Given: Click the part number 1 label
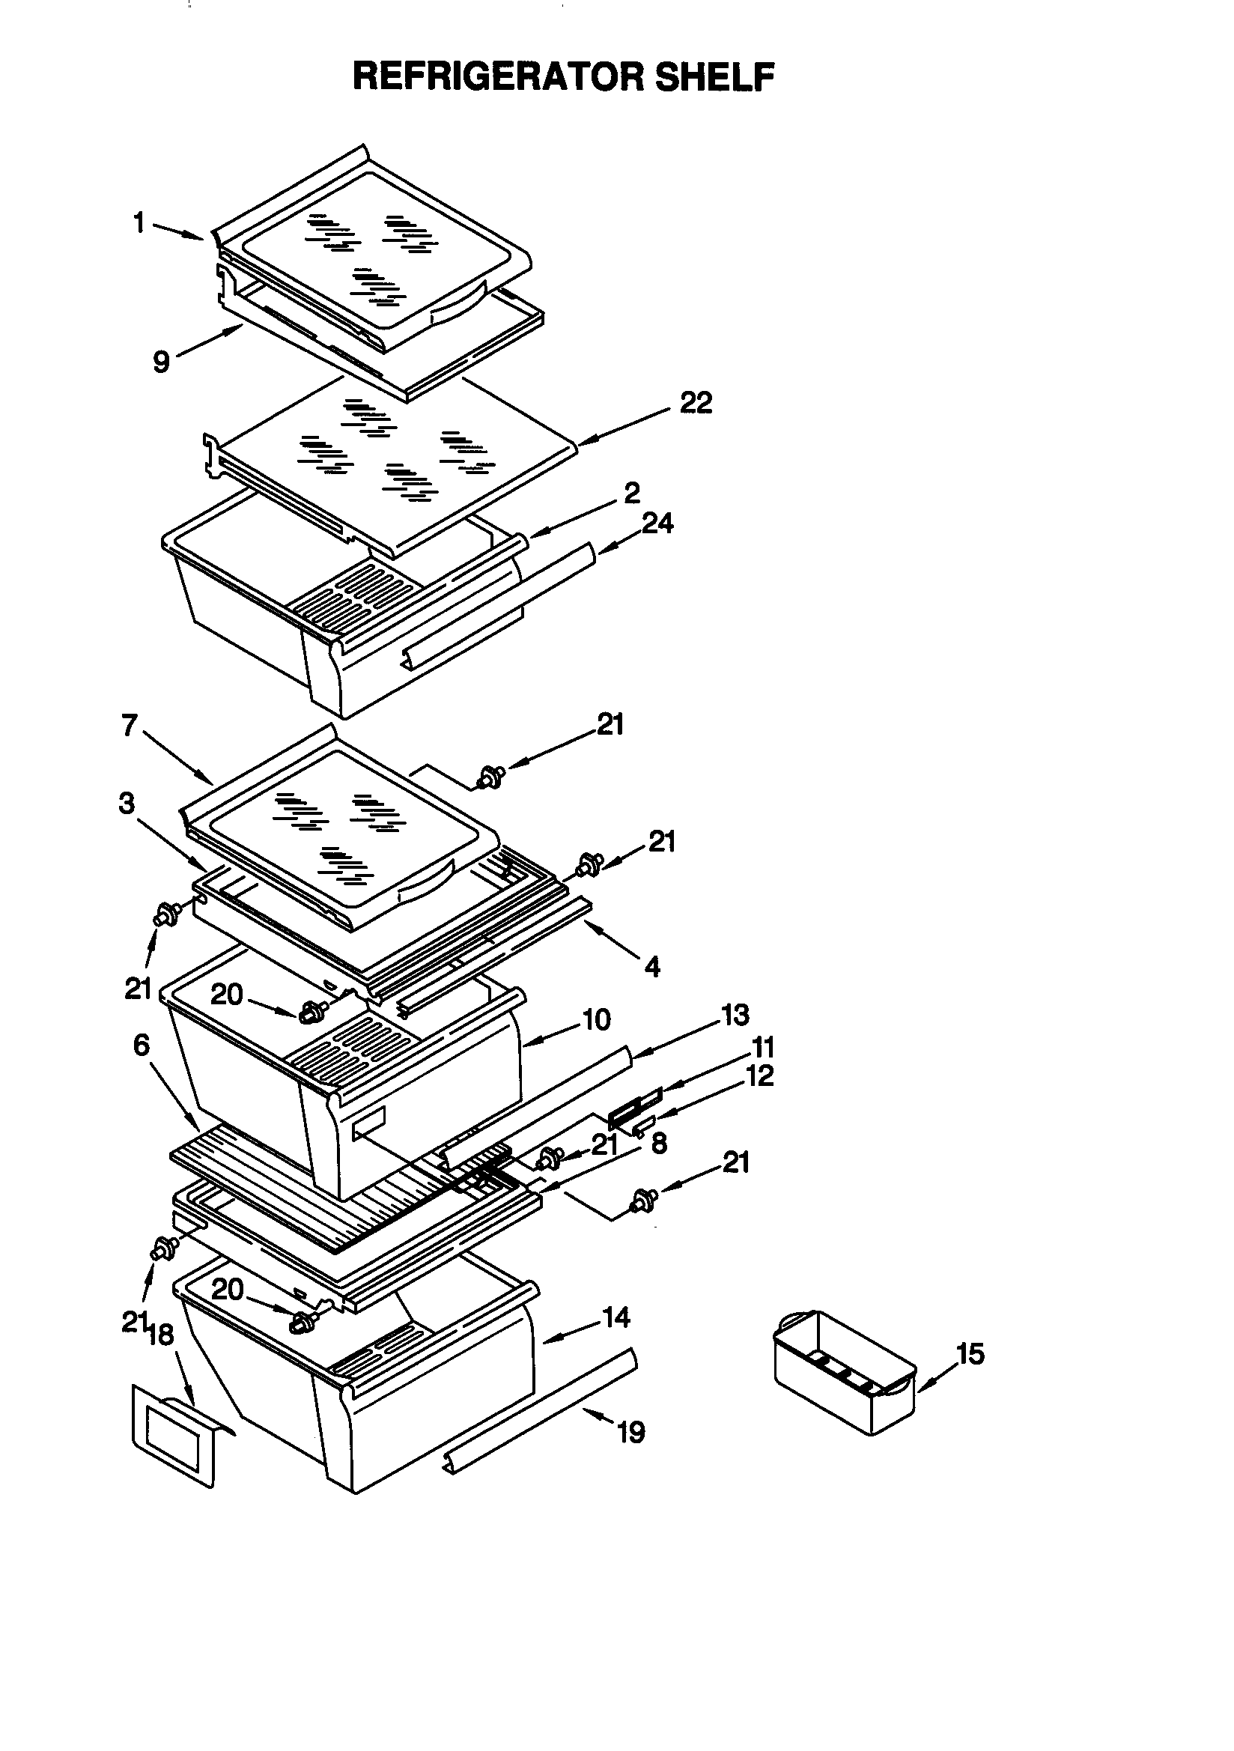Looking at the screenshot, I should (x=139, y=223).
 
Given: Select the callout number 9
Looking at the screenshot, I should (x=161, y=362).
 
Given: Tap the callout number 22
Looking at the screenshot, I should (x=696, y=403).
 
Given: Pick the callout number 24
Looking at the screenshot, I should (x=657, y=524).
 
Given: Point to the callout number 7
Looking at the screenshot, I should (x=130, y=725).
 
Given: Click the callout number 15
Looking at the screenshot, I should (x=970, y=1353).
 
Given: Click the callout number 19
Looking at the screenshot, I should (x=631, y=1431).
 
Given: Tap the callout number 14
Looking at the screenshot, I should (x=616, y=1317).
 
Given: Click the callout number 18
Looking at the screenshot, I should (x=161, y=1335).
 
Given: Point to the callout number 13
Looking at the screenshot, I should (x=735, y=1015).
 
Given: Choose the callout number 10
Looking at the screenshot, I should (x=595, y=1019).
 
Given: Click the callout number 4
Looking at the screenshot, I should (x=652, y=967).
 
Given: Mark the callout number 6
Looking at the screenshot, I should (x=141, y=1045).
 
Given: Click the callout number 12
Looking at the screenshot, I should (x=759, y=1075).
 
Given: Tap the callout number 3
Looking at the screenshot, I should (x=127, y=803).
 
